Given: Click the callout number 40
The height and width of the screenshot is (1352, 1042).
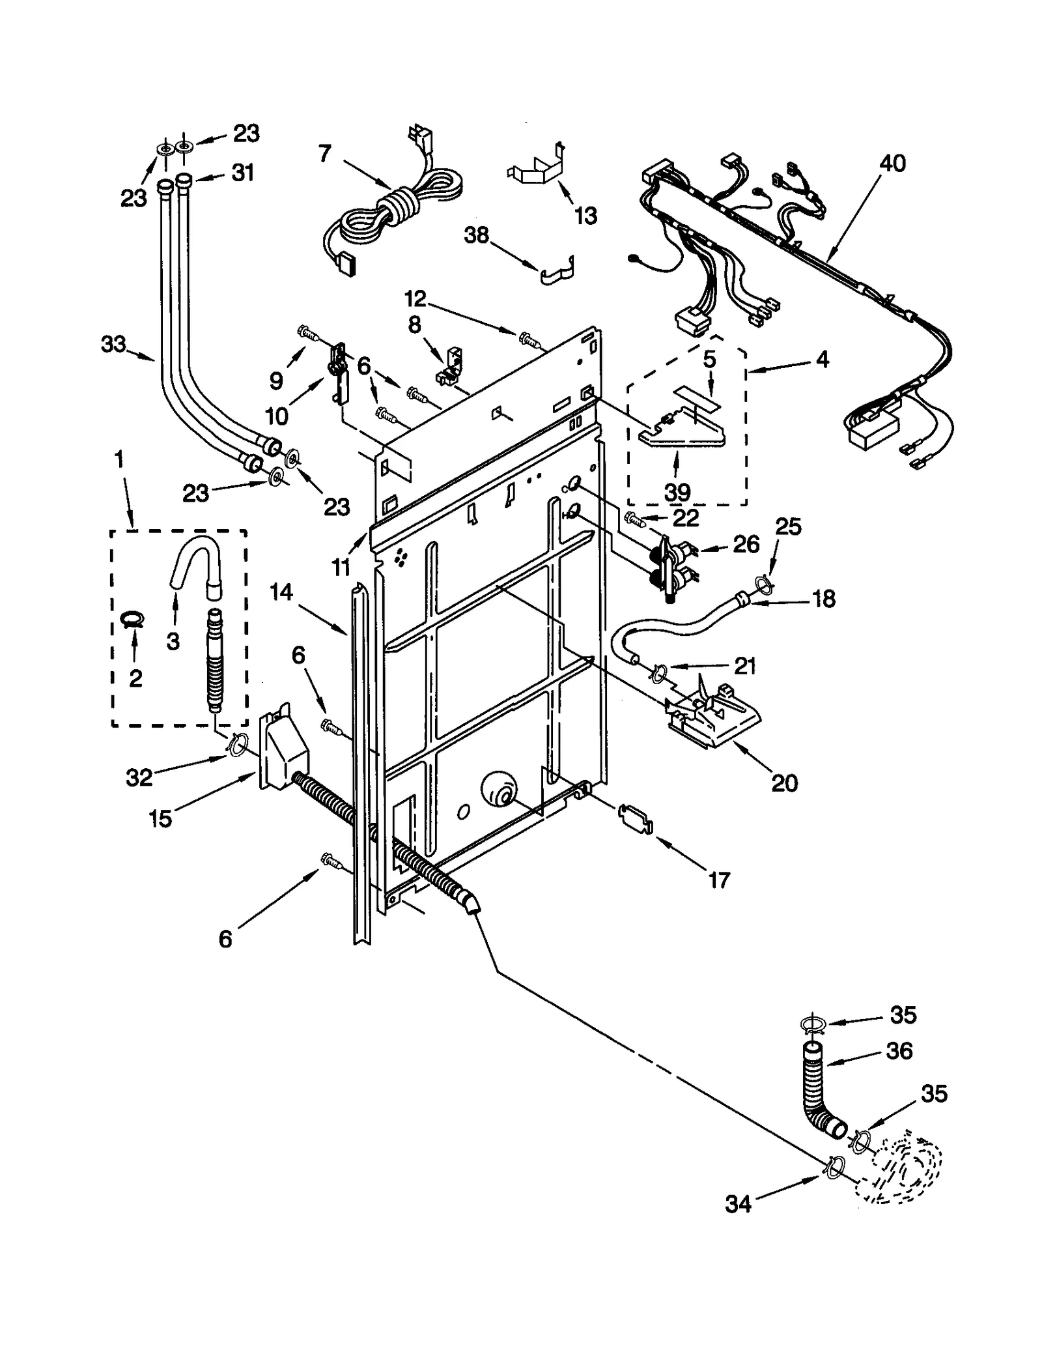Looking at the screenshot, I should pos(892,163).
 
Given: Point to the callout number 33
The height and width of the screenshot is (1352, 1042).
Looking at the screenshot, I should pos(113,343).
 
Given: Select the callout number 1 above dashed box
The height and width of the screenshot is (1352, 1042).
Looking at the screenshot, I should pos(119,460).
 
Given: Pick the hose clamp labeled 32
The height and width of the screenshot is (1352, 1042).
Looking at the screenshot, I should pos(237,743).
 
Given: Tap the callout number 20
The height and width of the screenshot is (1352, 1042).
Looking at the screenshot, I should pos(784,783).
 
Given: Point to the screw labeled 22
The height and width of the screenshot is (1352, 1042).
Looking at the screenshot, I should pos(632,518).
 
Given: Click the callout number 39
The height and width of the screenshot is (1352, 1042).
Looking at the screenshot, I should pos(677,492).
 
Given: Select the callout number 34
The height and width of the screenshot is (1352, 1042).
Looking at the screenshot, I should pos(738,1205).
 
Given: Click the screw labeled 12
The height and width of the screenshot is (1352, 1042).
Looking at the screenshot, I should pos(529,339).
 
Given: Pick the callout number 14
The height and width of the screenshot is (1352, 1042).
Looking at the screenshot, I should pos(281,592).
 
